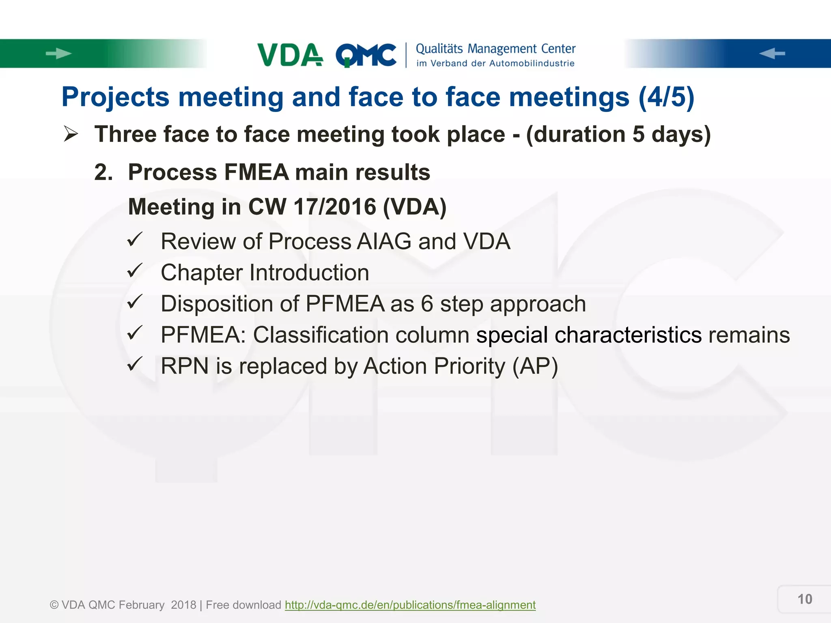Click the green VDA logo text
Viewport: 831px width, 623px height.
pos(290,55)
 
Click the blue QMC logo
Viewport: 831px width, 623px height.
pos(366,55)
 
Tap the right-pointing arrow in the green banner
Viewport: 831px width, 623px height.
pos(58,54)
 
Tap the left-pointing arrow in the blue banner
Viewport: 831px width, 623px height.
pos(772,54)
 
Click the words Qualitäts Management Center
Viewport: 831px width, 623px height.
pos(495,49)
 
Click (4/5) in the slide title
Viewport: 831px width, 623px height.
pos(666,97)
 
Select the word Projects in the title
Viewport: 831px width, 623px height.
pos(115,97)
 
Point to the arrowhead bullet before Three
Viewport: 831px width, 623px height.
pos(71,134)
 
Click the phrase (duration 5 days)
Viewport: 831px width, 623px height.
pos(618,134)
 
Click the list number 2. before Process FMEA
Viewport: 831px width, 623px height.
pos(103,172)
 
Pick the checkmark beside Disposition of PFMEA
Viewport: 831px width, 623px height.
pos(135,302)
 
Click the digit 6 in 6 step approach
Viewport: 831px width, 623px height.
pos(427,304)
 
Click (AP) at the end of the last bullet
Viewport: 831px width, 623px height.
pos(535,366)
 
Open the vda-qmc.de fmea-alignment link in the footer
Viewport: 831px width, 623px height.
pos(410,605)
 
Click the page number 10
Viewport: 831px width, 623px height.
pos(805,599)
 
